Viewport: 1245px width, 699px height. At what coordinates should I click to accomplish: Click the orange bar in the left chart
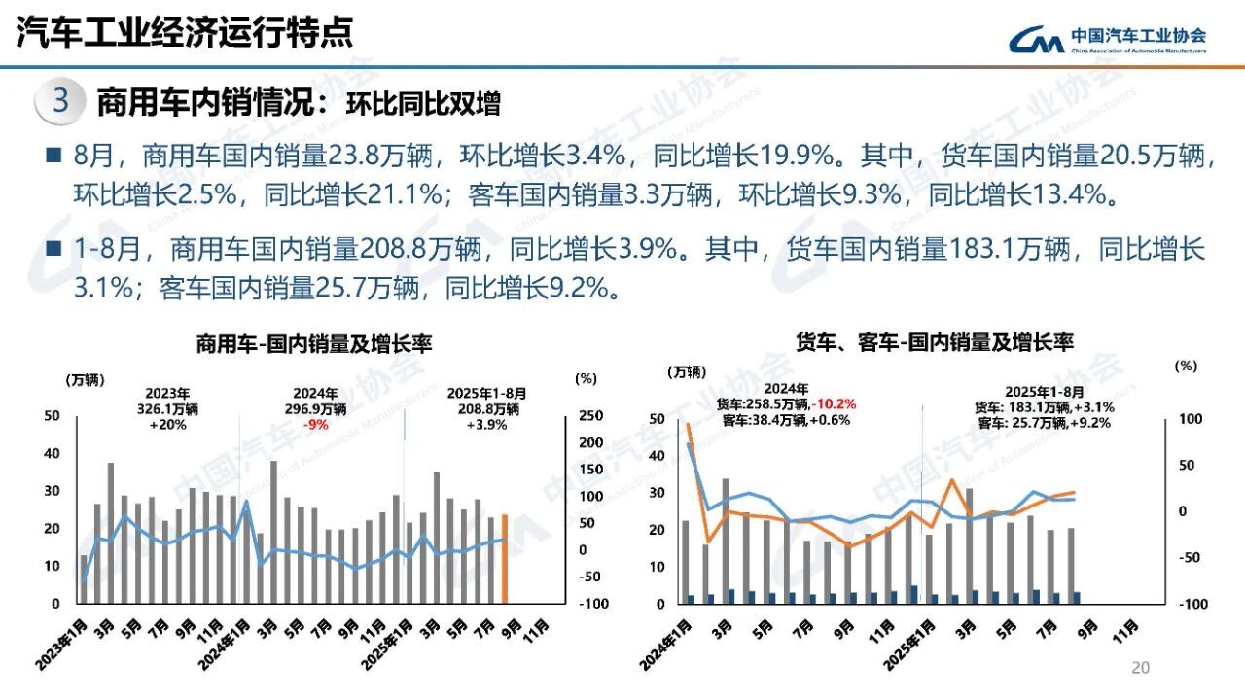pyautogui.click(x=505, y=559)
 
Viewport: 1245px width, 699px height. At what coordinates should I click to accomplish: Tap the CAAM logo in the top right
pyautogui.click(x=1106, y=39)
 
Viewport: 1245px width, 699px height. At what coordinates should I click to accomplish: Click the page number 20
pyautogui.click(x=1141, y=668)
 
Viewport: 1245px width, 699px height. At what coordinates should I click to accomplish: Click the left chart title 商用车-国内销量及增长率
pyautogui.click(x=314, y=344)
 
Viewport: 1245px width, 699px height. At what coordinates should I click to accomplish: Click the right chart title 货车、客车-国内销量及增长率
pyautogui.click(x=934, y=342)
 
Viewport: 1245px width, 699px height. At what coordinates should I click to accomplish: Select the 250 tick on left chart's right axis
pyautogui.click(x=588, y=416)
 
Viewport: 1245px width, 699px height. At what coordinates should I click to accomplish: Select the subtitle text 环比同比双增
pyautogui.click(x=423, y=104)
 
